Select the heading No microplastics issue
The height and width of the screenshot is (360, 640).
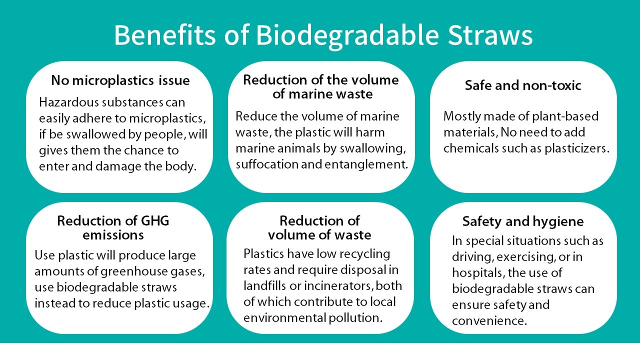click(x=120, y=80)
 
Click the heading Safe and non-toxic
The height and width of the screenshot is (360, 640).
click(x=523, y=85)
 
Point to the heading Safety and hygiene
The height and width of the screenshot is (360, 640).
click(x=523, y=221)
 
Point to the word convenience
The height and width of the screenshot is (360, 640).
click(x=489, y=321)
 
